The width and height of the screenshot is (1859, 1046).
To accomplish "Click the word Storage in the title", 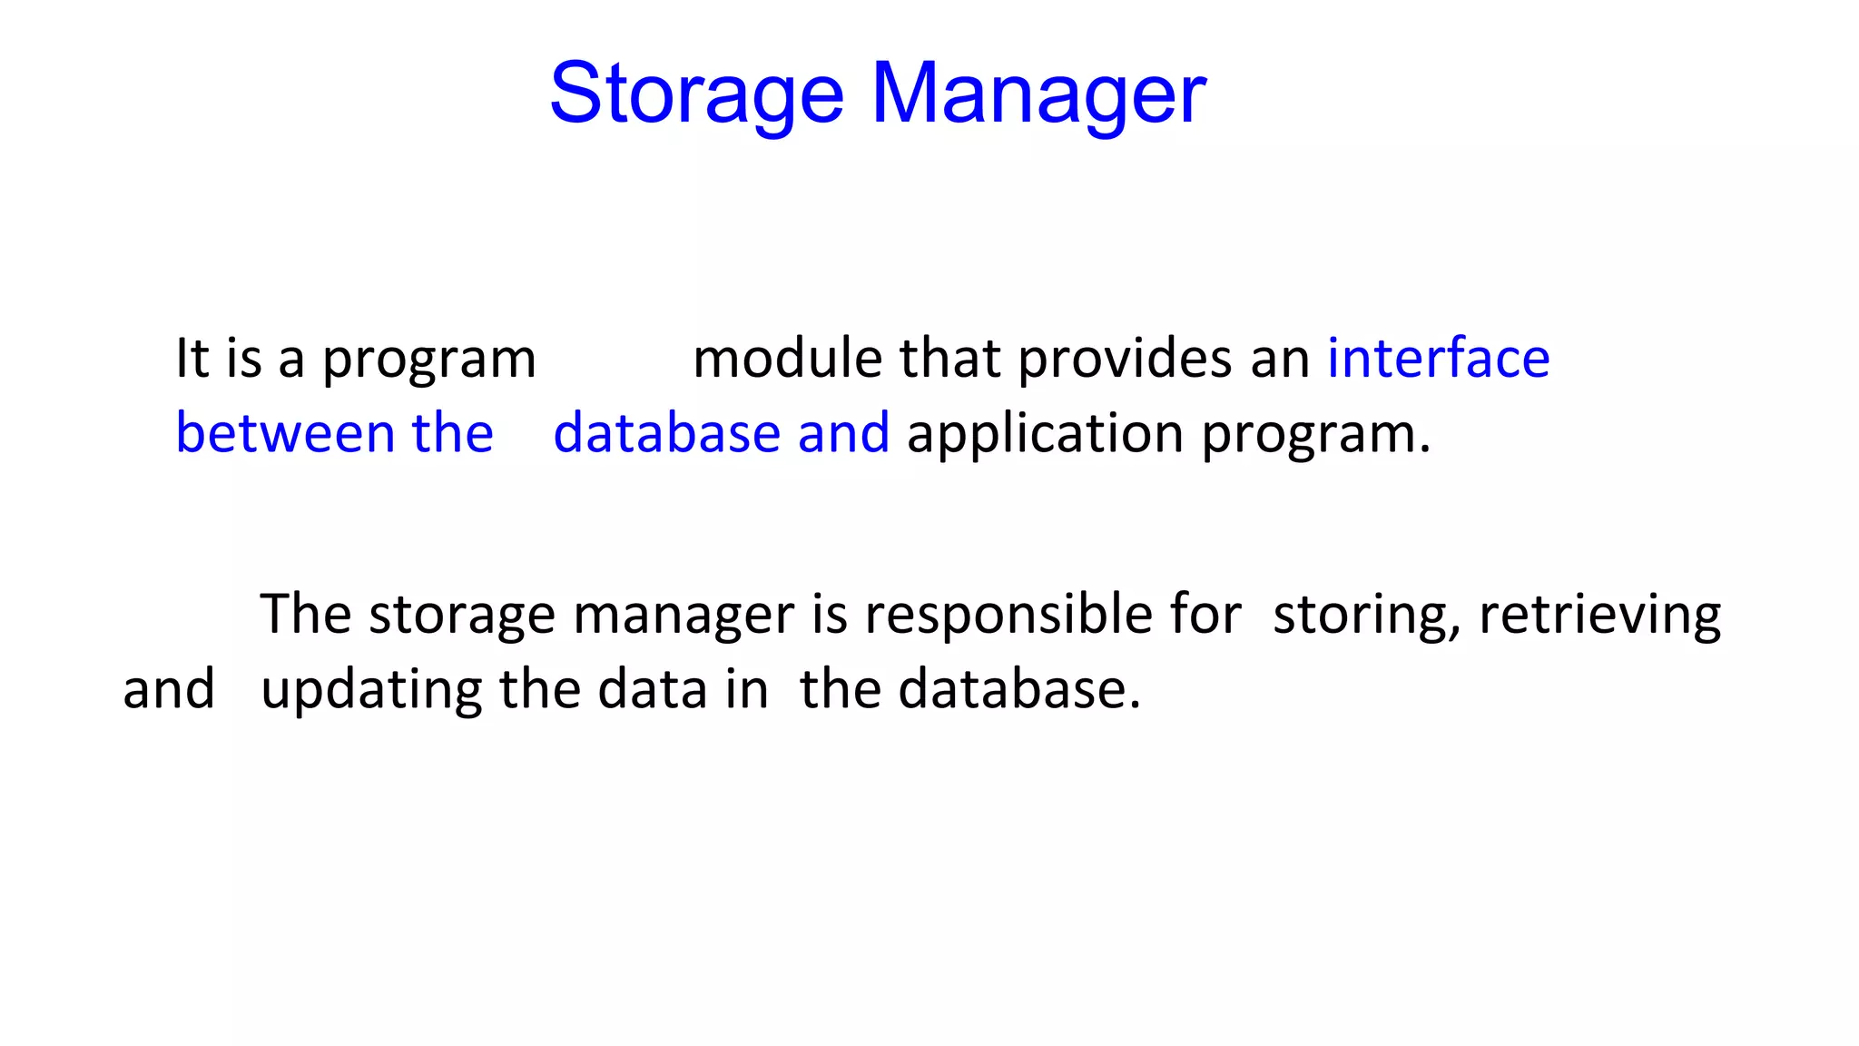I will pyautogui.click(x=697, y=94).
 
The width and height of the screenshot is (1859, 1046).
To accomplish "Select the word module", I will pyautogui.click(x=788, y=358).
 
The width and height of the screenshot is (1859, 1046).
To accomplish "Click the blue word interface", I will pyautogui.click(x=1438, y=358).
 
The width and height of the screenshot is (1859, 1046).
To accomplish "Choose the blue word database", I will pyautogui.click(x=666, y=433).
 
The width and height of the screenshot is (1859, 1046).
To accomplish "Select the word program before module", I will pyautogui.click(x=429, y=360).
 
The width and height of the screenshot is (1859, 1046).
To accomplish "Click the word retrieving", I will pyautogui.click(x=1599, y=615).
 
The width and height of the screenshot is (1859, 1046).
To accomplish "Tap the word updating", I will pyautogui.click(x=371, y=691).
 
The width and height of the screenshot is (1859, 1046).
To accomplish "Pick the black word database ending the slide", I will pyautogui.click(x=1018, y=689).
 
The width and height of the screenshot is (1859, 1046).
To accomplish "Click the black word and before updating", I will pyautogui.click(x=169, y=689).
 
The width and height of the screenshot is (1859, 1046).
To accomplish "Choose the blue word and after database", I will pyautogui.click(x=843, y=433).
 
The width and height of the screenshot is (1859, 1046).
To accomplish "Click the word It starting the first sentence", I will pyautogui.click(x=192, y=358).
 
